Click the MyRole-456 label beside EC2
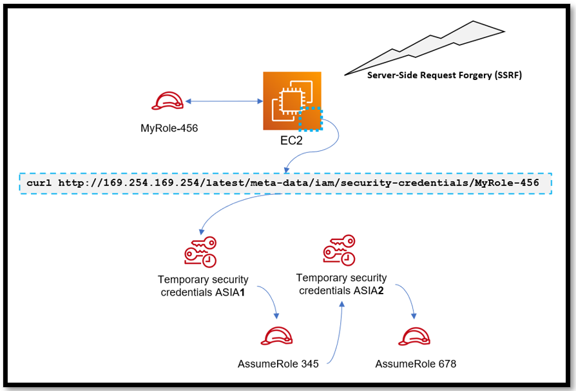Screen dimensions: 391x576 [x=169, y=128]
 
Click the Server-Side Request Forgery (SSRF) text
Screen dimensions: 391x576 [x=444, y=75]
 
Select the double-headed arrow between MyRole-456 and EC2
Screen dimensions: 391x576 [x=223, y=101]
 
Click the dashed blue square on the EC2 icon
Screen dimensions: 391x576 [x=311, y=119]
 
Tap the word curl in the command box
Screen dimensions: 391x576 [x=40, y=183]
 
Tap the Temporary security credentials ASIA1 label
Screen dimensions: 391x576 [x=203, y=286]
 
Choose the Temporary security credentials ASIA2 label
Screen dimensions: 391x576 [x=341, y=284]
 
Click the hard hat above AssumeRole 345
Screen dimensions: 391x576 [x=277, y=337]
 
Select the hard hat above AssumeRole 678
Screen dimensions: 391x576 [x=416, y=337]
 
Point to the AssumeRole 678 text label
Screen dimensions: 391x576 [x=416, y=364]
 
